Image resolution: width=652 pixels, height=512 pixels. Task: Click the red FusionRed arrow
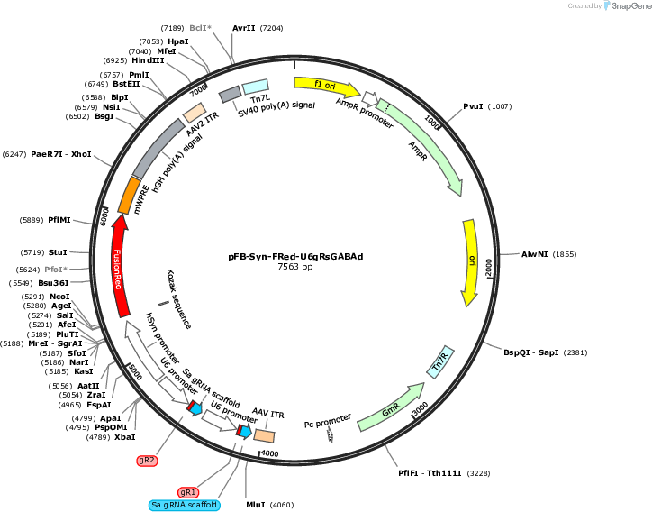[x=119, y=267]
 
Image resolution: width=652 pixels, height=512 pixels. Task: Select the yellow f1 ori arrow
[x=327, y=87]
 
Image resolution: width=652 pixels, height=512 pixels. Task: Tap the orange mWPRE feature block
[x=129, y=195]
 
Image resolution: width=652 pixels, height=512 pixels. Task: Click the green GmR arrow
[x=391, y=407]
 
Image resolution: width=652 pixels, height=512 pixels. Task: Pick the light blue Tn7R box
[x=440, y=362]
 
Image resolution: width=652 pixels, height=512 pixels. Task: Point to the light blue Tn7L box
[x=256, y=87]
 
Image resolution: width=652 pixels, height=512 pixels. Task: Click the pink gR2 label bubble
[x=147, y=460]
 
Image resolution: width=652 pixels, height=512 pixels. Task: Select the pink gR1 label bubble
[x=188, y=492]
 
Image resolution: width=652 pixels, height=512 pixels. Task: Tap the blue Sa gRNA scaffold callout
[x=185, y=505]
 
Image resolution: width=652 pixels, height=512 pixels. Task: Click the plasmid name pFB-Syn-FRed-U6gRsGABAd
[x=295, y=256]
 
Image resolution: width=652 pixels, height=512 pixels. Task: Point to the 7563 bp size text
[x=295, y=267]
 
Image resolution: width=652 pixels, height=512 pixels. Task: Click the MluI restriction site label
[x=256, y=505]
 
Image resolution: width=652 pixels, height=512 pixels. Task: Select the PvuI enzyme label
[x=473, y=106]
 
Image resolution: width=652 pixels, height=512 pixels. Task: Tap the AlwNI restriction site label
[x=534, y=254]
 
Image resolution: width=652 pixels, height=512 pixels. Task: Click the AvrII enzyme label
[x=244, y=28]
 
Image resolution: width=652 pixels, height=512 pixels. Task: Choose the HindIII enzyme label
[x=148, y=60]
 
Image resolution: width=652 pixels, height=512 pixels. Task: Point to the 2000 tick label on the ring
[x=489, y=267]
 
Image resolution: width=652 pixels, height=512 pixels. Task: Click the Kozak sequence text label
[x=179, y=299]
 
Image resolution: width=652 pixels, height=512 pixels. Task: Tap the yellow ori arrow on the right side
[x=470, y=263]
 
